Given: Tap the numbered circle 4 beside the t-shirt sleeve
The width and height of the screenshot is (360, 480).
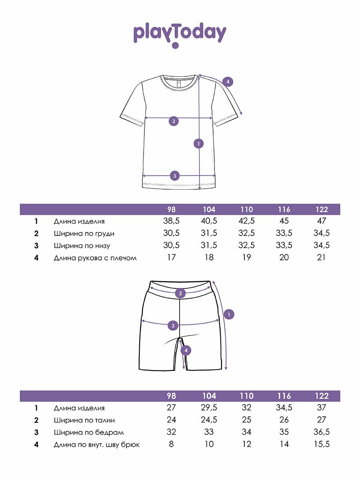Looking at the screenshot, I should pos(228,82).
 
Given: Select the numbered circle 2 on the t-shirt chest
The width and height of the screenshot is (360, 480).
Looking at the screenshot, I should pos(174,121).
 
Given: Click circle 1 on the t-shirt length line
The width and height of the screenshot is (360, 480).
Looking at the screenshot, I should pos(198,143).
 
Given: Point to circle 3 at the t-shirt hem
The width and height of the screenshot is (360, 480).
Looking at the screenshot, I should pos(174,175).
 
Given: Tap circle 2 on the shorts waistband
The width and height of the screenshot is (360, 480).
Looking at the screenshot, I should pos(181,294).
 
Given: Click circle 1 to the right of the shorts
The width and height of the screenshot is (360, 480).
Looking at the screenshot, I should pos(228,314).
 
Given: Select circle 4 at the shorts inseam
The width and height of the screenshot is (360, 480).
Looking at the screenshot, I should pos(186,351).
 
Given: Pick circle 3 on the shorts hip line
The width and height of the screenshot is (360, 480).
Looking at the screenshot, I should pos(173,325).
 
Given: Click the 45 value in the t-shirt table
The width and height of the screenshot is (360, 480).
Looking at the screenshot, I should pos(284,221).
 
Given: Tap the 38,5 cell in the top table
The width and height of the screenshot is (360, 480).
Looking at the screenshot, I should pos(171,221).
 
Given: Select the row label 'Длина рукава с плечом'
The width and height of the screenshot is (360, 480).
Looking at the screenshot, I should pos(95,258).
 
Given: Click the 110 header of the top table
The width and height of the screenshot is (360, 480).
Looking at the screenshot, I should pos(247,209).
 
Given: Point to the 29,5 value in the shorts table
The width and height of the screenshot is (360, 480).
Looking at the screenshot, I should pos(209,408).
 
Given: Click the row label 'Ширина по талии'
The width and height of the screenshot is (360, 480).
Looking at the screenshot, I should pos(84,420).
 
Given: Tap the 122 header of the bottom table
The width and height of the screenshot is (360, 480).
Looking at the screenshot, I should pos(322,396).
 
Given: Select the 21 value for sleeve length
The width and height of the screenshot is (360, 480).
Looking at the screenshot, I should pos(322,258).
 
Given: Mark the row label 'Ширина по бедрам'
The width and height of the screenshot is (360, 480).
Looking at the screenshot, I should pos(89,432).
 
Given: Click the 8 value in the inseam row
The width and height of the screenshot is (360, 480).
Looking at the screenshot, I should pos(171,444).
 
